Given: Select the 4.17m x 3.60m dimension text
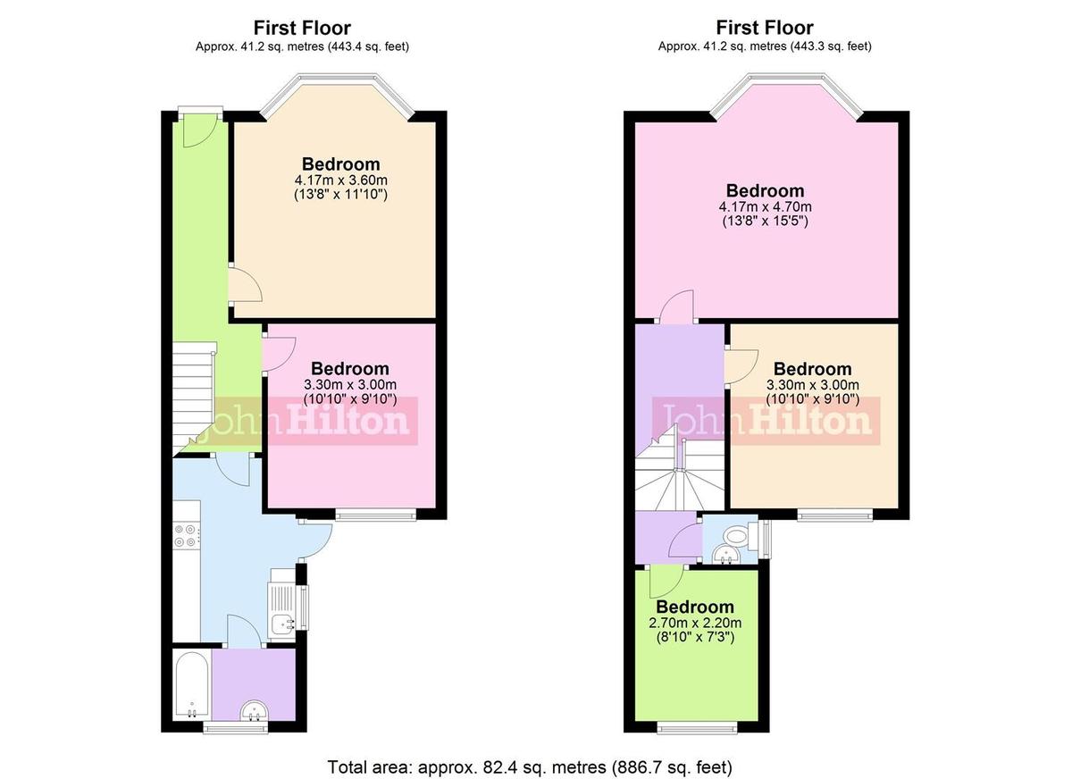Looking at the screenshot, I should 340,180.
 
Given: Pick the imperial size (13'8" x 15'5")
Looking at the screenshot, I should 765,222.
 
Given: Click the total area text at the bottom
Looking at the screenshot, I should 530,766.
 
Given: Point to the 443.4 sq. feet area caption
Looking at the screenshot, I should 303,46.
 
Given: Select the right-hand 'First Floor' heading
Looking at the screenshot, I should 765,28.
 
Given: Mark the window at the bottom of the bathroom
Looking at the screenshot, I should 236,729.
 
